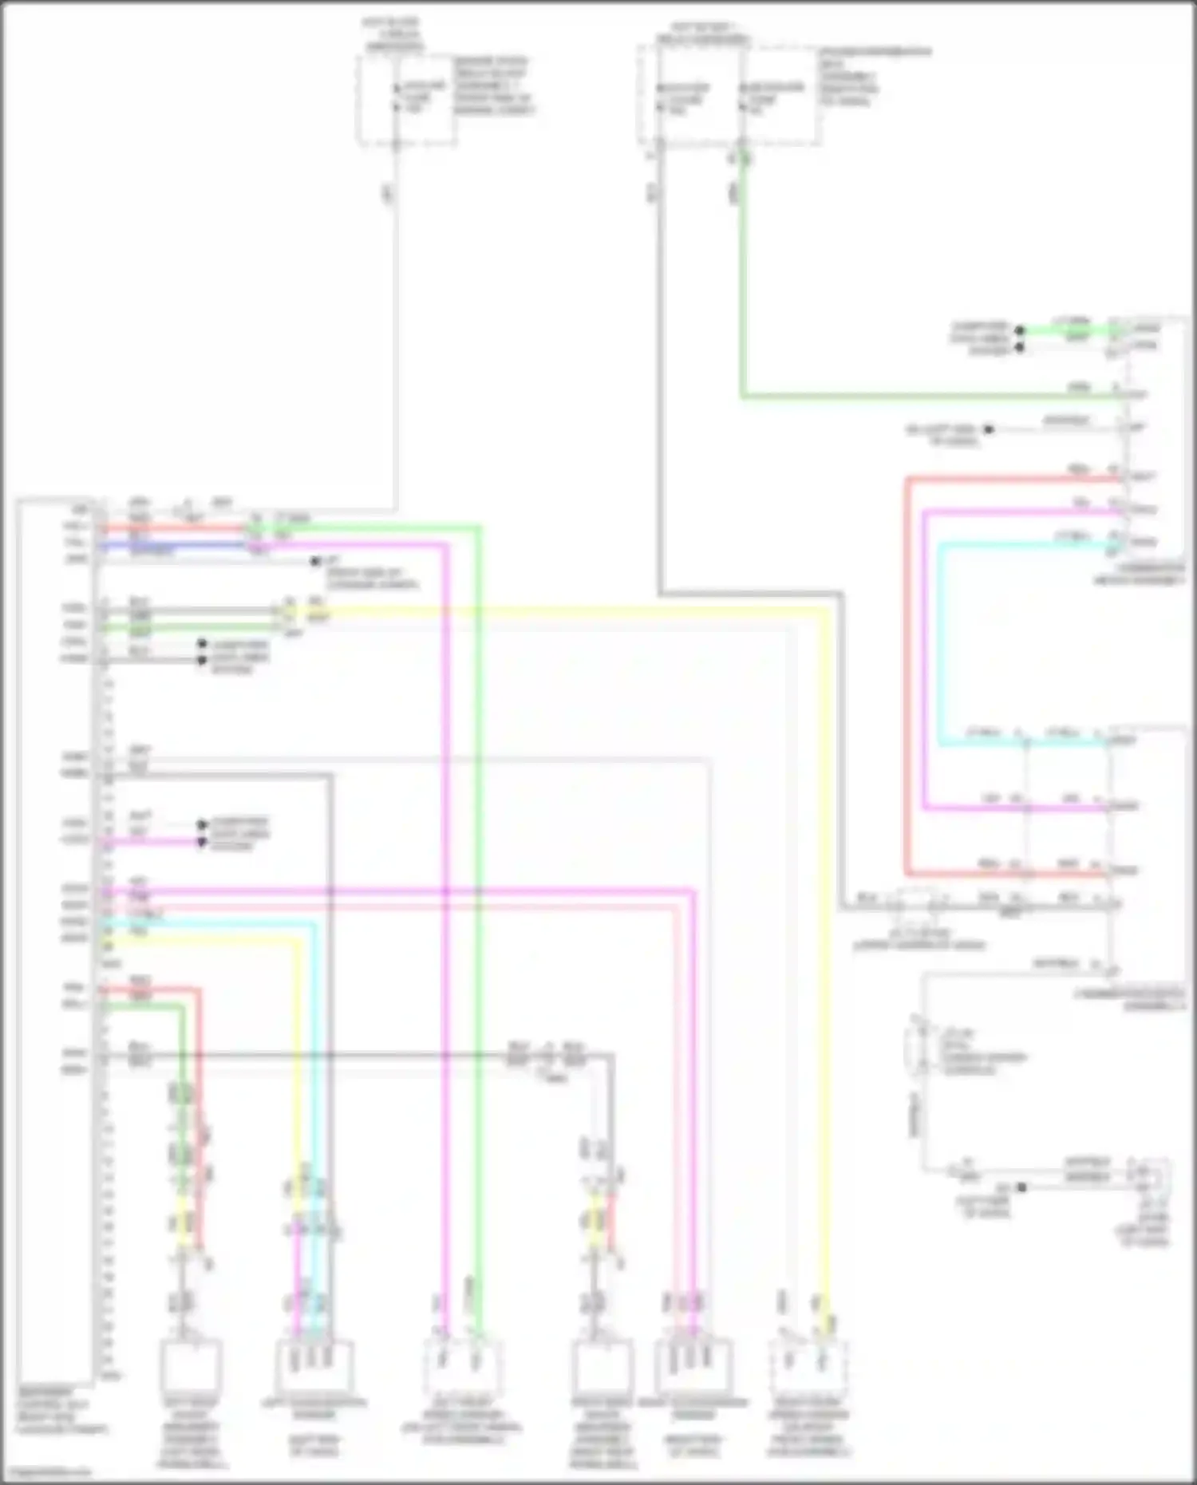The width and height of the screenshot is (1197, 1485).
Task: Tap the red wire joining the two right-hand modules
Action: (907, 678)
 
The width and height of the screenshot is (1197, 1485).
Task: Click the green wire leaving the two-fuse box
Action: (743, 279)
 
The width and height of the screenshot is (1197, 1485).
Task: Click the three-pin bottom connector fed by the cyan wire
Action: (313, 1365)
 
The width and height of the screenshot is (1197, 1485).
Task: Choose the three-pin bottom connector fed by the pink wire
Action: (693, 1365)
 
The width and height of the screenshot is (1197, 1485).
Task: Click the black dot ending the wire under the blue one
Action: (316, 562)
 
